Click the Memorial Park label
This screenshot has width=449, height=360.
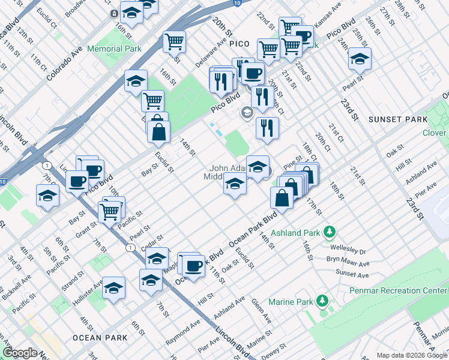pyautogui.click(x=114, y=49)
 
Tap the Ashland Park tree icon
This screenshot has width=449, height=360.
pyautogui.click(x=329, y=232)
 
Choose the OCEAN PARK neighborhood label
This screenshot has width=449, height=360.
pyautogui.click(x=100, y=338)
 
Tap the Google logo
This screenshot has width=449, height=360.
pyautogui.click(x=20, y=353)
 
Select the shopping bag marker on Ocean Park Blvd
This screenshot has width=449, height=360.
pyautogui.click(x=282, y=197)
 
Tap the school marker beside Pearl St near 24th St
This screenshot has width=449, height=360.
pyautogui.click(x=360, y=59)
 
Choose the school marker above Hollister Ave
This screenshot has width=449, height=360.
pyautogui.click(x=113, y=288)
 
